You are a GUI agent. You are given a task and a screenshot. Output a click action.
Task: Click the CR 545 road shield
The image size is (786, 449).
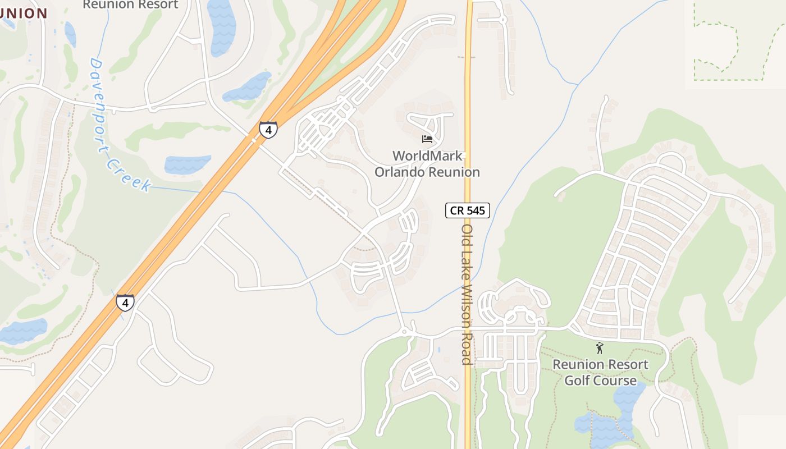[468, 210]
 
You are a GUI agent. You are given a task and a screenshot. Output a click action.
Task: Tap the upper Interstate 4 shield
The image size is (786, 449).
[268, 130]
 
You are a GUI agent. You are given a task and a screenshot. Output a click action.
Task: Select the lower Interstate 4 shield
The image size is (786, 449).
[125, 303]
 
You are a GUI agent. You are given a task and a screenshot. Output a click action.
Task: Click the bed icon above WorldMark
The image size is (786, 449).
[427, 139]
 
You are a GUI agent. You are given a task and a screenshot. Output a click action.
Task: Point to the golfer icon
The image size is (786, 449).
[600, 348]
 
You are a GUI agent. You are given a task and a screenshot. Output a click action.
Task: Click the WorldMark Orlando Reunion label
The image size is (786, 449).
[427, 164]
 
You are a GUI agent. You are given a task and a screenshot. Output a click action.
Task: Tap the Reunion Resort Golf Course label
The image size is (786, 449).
[600, 372]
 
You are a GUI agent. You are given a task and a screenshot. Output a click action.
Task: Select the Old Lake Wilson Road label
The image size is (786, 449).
[467, 295]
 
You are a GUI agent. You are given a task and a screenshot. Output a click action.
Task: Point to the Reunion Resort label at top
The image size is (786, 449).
[130, 4]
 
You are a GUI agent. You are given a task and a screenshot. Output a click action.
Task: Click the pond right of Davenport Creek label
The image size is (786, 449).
[188, 164]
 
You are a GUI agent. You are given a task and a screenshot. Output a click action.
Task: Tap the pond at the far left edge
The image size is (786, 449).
[22, 331]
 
